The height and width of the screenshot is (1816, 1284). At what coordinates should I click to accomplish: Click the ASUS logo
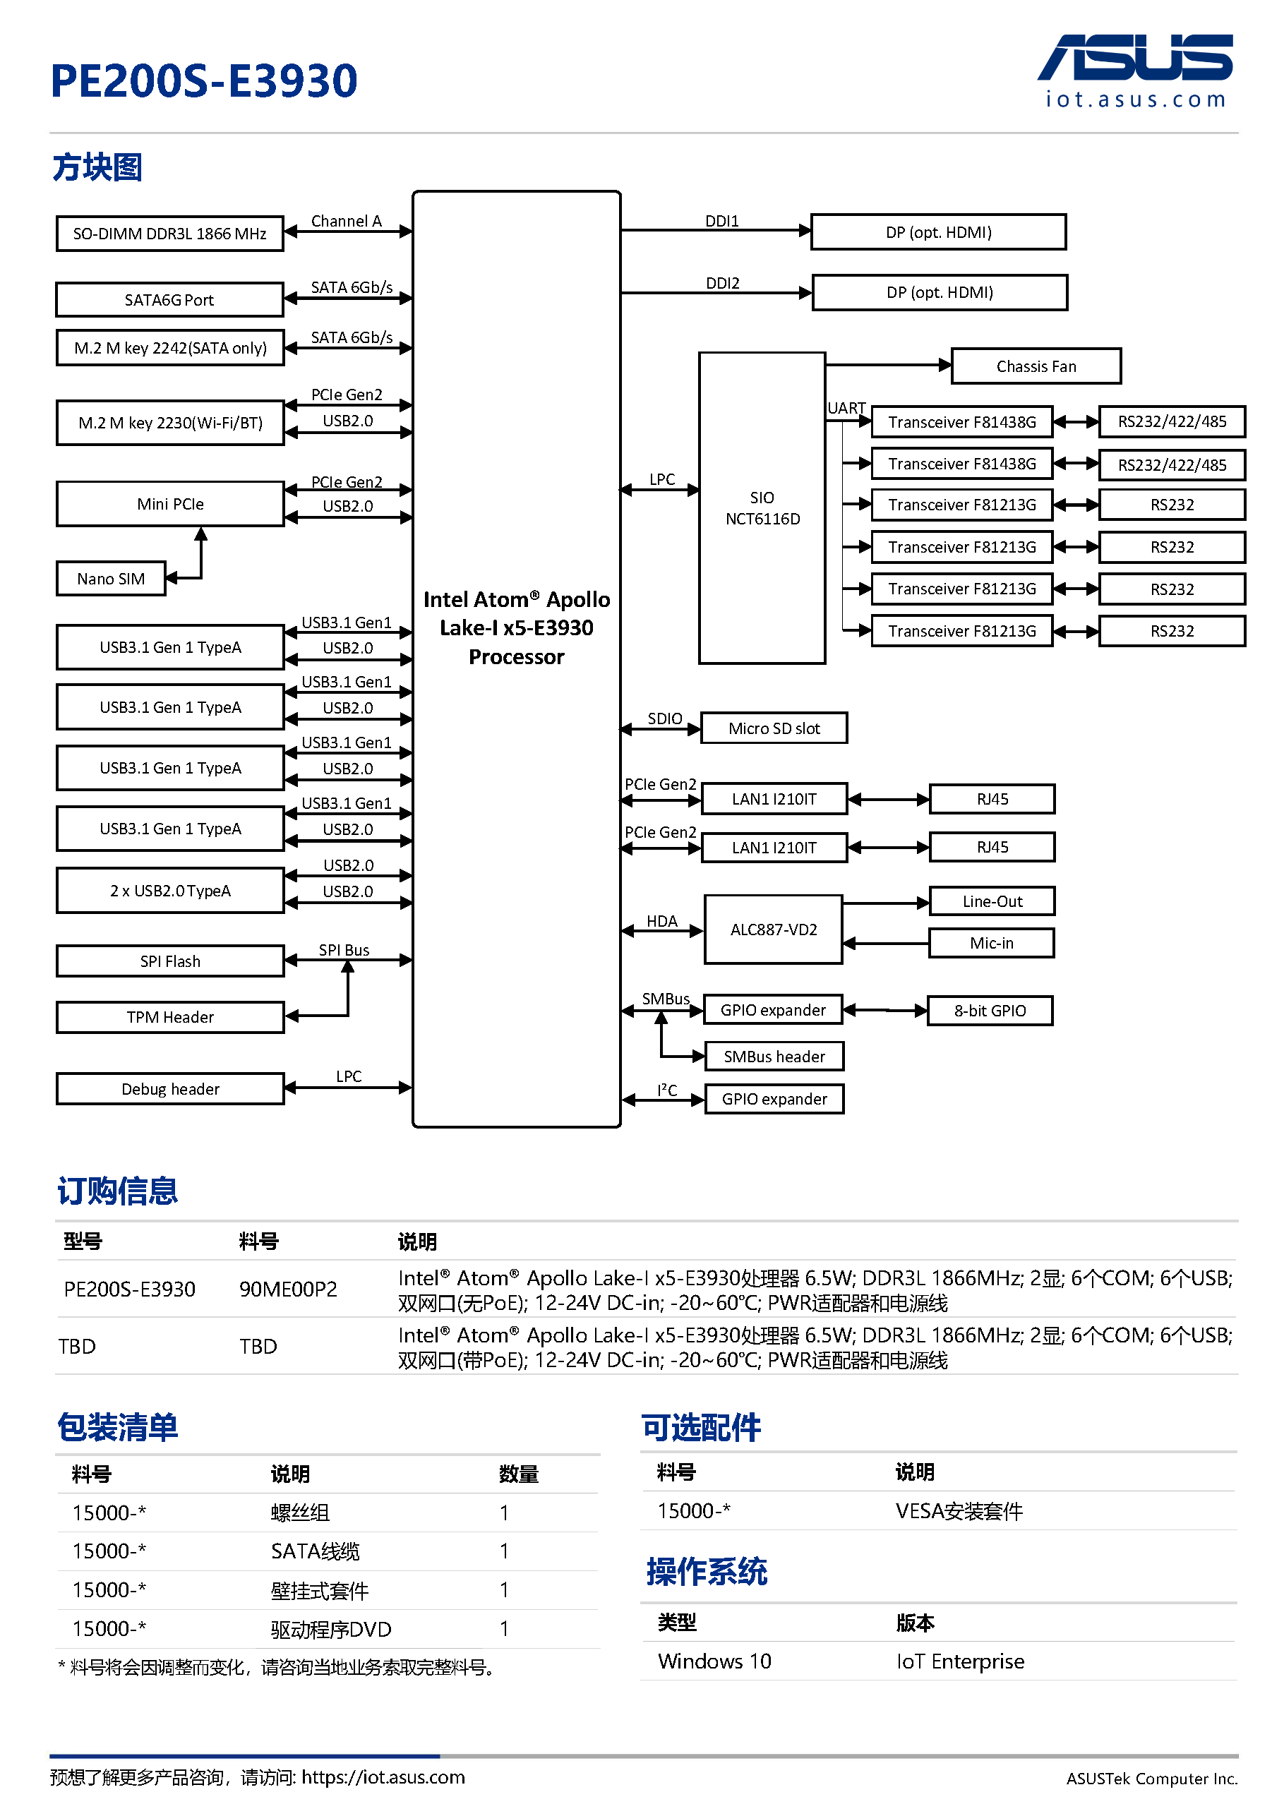click(1134, 59)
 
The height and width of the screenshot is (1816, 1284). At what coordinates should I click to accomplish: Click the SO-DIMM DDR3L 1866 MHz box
click(169, 234)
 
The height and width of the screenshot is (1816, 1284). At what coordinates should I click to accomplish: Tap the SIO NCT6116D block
click(761, 507)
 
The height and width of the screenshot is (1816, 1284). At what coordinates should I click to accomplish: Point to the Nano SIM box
click(111, 579)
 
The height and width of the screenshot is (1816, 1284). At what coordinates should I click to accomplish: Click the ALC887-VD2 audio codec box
click(773, 930)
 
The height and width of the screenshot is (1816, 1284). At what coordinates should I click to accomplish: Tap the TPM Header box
click(169, 1017)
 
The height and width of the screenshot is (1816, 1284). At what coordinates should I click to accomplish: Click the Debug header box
click(169, 1089)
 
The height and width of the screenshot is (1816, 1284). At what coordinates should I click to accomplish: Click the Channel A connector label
click(346, 221)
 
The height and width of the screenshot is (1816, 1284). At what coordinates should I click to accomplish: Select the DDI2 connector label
click(721, 283)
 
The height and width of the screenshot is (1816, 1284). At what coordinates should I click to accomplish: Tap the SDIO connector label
click(664, 718)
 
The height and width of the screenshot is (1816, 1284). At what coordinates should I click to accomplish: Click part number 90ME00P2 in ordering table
click(288, 1289)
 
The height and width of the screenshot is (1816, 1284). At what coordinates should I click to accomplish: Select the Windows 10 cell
click(714, 1661)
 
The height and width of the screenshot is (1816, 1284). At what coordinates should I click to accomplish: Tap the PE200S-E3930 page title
click(204, 80)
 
